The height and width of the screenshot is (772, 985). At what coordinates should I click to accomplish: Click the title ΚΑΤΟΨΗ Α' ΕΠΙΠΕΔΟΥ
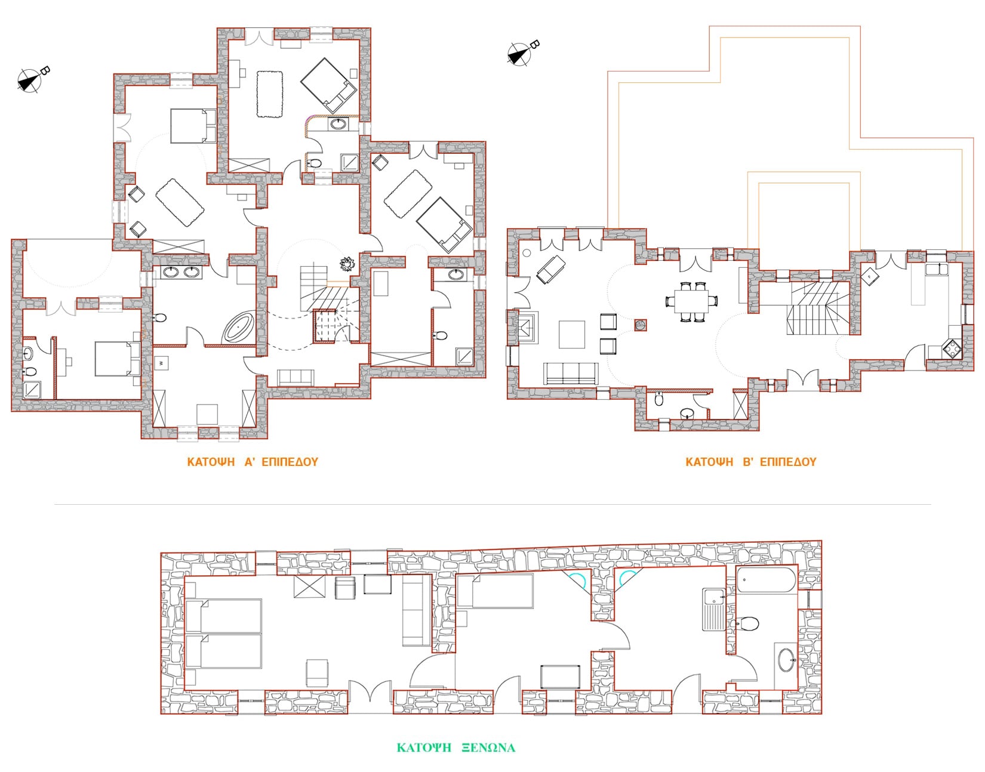[x=253, y=462]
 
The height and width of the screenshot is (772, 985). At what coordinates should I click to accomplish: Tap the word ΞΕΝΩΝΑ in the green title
[x=488, y=748]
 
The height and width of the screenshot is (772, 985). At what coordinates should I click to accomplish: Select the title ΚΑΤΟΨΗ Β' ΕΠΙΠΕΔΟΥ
[x=750, y=462]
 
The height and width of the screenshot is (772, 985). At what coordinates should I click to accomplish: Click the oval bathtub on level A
[x=238, y=326]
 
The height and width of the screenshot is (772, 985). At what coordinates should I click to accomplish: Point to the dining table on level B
[x=692, y=301]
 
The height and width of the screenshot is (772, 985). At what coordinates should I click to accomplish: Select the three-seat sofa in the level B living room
[x=571, y=373]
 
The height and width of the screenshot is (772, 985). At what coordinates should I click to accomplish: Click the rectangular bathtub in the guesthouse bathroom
[x=766, y=580]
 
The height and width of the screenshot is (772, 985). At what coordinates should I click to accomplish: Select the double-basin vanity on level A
[x=181, y=272]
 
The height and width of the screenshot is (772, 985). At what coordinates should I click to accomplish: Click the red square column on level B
[x=640, y=325]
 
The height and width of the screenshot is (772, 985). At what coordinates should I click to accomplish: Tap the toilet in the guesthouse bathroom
[x=747, y=623]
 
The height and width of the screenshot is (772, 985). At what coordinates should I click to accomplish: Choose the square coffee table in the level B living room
[x=572, y=334]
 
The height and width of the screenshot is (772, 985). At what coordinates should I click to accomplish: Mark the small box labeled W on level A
[x=162, y=363]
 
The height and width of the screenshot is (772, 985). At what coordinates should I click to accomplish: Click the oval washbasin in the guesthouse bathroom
[x=786, y=660]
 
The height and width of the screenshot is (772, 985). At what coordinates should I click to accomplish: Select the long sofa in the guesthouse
[x=416, y=610]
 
